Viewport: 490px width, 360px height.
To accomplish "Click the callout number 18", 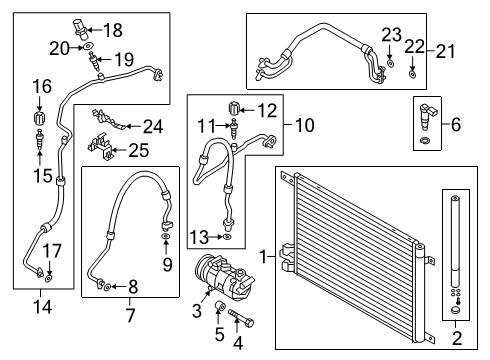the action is [x=113, y=30].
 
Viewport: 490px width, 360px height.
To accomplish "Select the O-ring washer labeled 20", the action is [x=88, y=46].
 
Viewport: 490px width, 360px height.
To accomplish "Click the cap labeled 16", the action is [x=40, y=117].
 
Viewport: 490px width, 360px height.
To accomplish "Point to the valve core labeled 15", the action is [x=40, y=140].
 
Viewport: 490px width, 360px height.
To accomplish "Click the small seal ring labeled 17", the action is [x=49, y=278].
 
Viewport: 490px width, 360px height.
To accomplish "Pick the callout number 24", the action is [x=153, y=127].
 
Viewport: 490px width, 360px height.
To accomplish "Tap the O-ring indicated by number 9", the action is [x=166, y=237].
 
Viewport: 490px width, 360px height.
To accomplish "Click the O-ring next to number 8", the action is [x=108, y=286].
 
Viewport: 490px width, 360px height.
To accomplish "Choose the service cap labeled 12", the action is [x=234, y=108].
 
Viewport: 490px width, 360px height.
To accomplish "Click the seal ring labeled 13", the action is [x=227, y=237].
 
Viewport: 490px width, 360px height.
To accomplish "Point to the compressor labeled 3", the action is [x=224, y=276].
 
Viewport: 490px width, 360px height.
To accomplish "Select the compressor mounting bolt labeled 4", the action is [x=241, y=318].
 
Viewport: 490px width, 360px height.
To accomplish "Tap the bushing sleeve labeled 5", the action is [x=219, y=305].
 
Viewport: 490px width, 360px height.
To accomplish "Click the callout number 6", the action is [x=456, y=125].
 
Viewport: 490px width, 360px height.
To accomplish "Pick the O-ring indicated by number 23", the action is [x=391, y=63].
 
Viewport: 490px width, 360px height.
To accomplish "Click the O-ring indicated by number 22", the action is [x=412, y=74].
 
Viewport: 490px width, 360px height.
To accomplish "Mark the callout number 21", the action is [x=446, y=52].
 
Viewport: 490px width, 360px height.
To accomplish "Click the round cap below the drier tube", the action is [x=455, y=310].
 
